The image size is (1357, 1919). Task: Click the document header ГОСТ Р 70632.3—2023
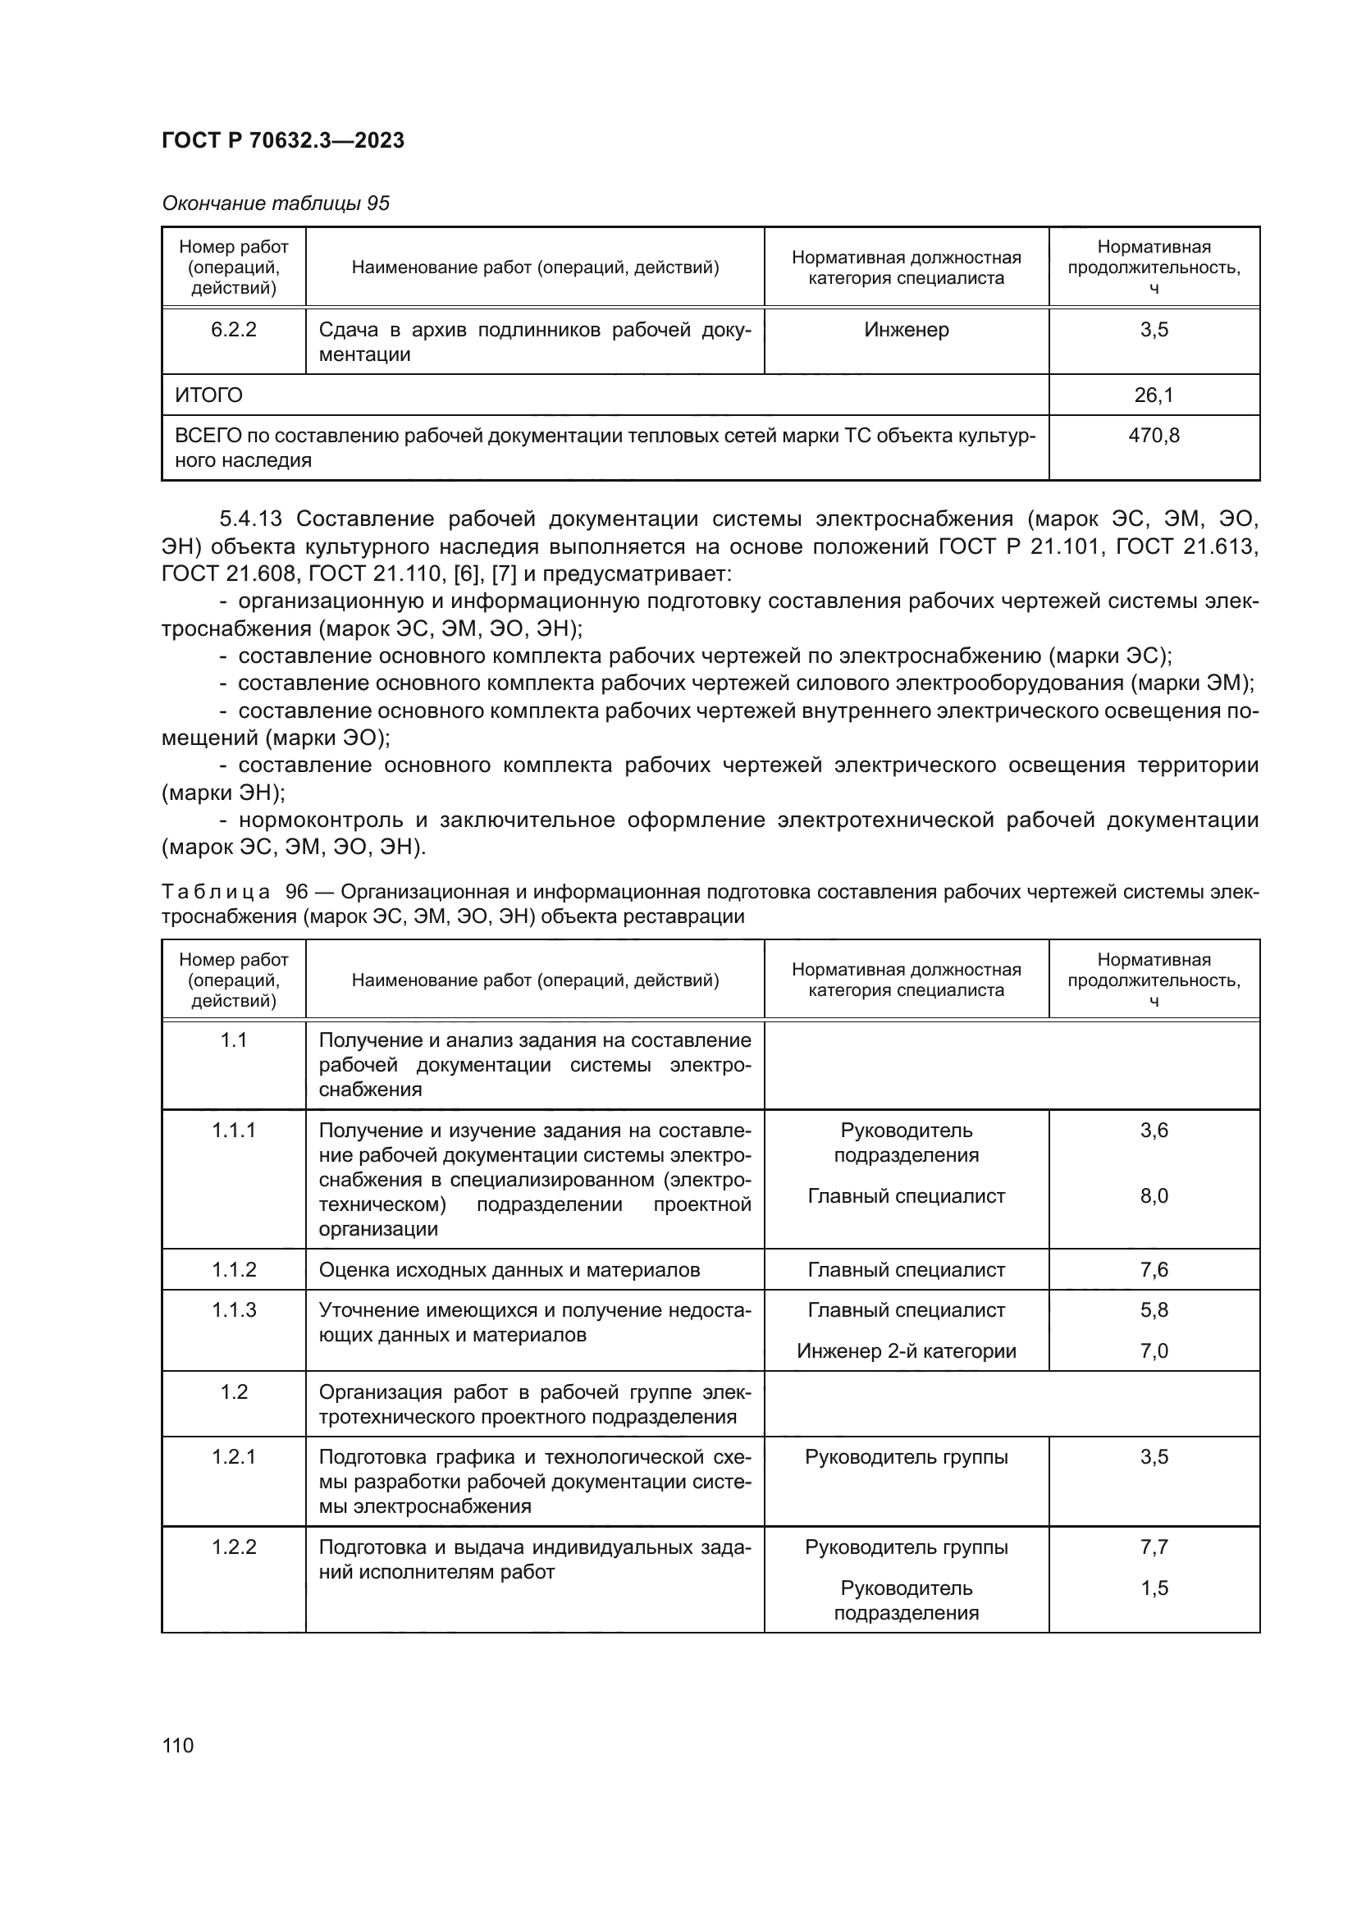tap(282, 140)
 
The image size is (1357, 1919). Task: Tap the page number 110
tap(178, 1745)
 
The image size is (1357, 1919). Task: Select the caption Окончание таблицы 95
tap(276, 203)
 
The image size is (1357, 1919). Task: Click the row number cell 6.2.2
tap(233, 329)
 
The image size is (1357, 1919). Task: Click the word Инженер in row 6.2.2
tap(906, 329)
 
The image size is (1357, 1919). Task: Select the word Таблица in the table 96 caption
tap(216, 892)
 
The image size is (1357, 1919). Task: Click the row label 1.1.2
tap(233, 1269)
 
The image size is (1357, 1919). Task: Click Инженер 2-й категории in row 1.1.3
tap(906, 1350)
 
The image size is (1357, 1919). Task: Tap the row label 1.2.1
tap(233, 1457)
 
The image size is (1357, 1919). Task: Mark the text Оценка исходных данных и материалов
tap(509, 1269)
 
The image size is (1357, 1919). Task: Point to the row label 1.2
tap(233, 1391)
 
